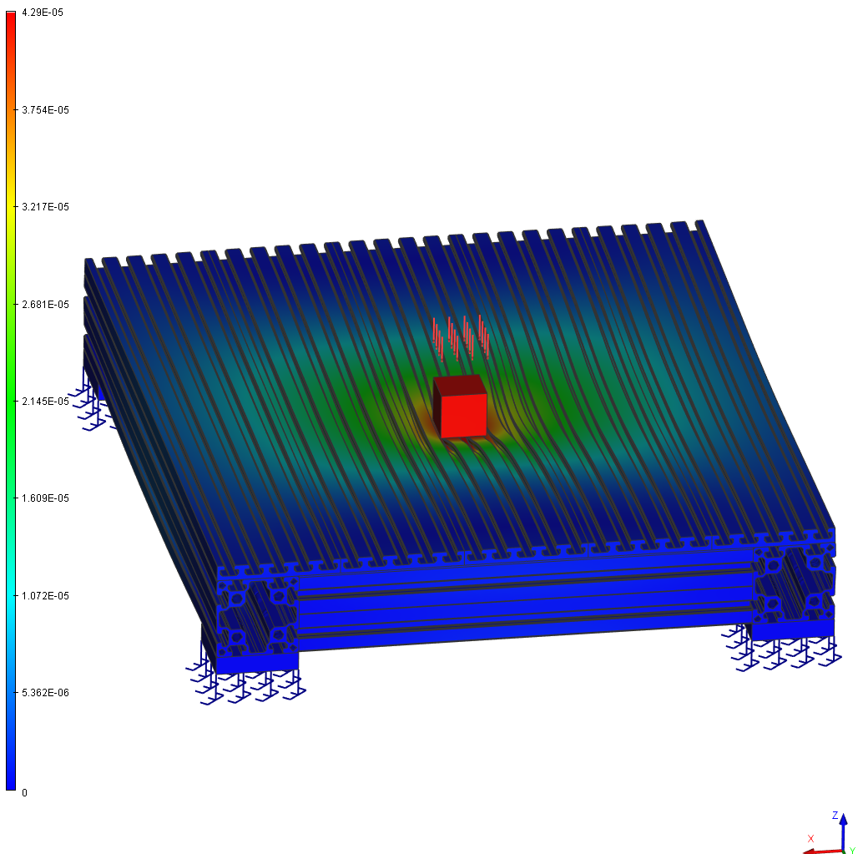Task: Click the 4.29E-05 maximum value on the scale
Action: coord(43,13)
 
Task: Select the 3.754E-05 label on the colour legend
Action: coord(46,110)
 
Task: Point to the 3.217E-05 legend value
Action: coord(46,207)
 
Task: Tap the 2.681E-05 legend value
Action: coord(46,305)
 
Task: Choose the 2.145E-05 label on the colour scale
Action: coord(46,402)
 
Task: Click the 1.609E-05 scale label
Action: coord(46,498)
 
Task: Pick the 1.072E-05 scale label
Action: coord(46,596)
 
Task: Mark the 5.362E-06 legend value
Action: coord(46,693)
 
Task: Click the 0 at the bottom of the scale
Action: coord(24,793)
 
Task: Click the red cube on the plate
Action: coord(460,407)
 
